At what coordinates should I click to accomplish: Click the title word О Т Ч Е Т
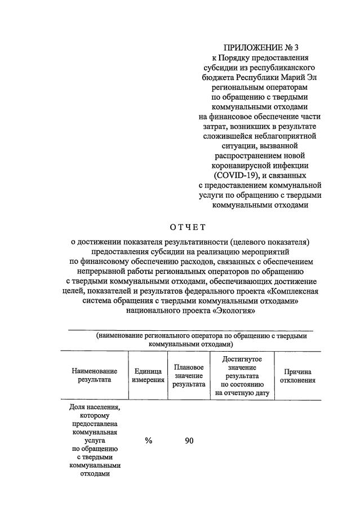pos(189,227)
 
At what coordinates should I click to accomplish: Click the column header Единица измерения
pos(148,375)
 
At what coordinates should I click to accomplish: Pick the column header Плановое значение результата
pos(189,375)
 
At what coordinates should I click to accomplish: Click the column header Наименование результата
pos(95,375)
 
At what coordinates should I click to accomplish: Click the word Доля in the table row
pos(78,406)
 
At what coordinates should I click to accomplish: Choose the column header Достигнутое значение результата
pos(242,375)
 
